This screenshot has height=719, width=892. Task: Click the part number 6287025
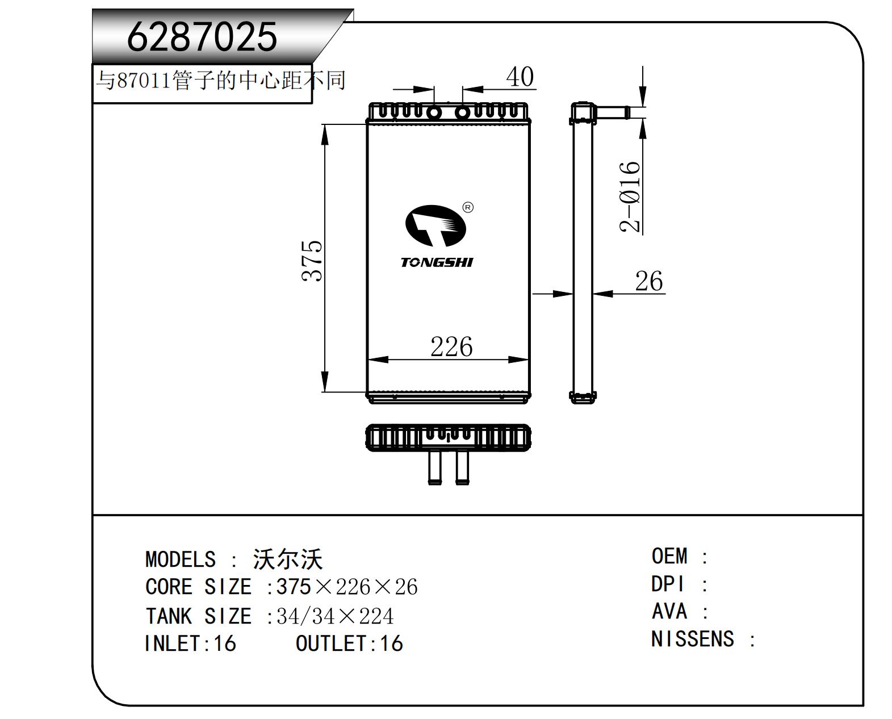pos(202,37)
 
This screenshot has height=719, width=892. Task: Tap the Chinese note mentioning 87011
pos(220,80)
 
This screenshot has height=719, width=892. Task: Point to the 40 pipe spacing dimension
pos(520,77)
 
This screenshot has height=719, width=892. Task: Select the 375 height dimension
pos(312,261)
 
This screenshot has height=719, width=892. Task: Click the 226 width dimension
pos(451,346)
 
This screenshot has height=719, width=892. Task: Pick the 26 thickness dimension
pos(648,281)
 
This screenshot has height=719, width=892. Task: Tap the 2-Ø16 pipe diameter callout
pos(630,197)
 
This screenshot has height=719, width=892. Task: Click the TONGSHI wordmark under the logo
pos(437,262)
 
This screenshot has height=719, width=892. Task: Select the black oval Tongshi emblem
pos(435,225)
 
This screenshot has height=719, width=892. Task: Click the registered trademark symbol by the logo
pos(468,208)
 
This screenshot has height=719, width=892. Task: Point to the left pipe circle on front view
pos(434,112)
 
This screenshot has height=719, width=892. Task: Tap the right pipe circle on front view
pos(463,112)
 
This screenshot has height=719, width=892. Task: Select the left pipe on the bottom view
pos(434,467)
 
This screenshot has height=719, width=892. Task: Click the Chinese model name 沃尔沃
pos(288,559)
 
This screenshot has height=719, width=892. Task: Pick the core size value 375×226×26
pos(347,587)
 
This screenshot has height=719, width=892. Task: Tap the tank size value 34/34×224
pos(335,616)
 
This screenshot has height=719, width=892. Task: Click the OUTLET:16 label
pos(349,644)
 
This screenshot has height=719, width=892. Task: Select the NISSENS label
pos(693,639)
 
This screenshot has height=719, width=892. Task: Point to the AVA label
pos(669,612)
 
